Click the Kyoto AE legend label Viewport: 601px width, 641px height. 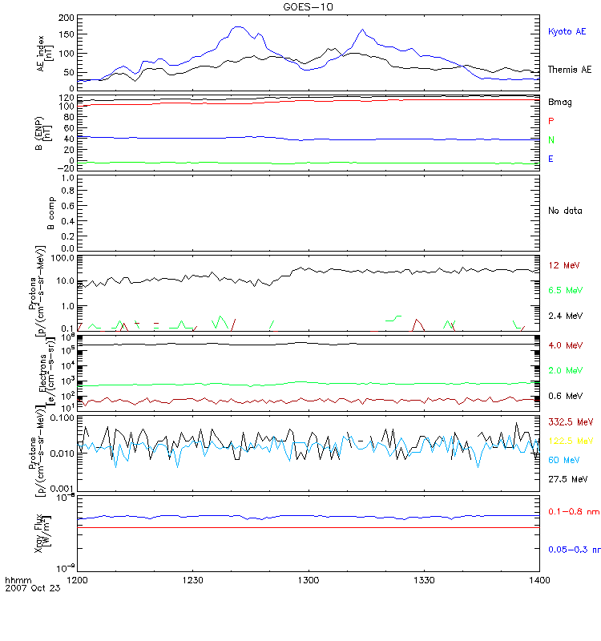(567, 31)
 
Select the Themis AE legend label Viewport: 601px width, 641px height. (570, 70)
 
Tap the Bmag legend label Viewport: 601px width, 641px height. (560, 103)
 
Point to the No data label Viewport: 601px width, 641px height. (564, 211)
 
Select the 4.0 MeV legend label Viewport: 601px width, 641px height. (564, 345)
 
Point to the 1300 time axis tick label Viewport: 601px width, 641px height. (309, 579)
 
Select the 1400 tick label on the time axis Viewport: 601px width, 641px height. (538, 579)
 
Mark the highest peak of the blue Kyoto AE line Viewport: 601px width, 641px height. (237, 26)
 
